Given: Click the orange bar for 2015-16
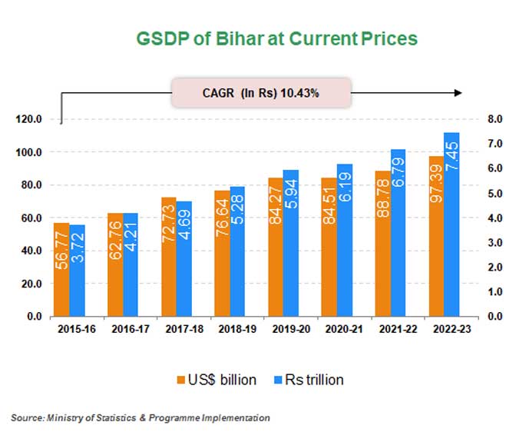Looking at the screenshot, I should click(61, 269).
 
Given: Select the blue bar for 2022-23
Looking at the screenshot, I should click(451, 224).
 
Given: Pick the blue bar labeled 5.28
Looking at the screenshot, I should click(237, 251).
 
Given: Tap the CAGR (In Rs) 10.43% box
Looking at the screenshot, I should click(261, 92).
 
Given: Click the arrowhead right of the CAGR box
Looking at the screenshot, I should click(458, 92).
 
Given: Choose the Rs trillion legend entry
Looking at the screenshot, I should click(306, 379).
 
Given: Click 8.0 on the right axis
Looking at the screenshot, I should click(496, 119).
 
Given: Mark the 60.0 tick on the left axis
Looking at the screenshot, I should click(32, 218).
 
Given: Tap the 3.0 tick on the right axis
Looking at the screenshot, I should click(496, 242).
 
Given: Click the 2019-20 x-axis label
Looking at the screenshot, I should click(283, 329).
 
